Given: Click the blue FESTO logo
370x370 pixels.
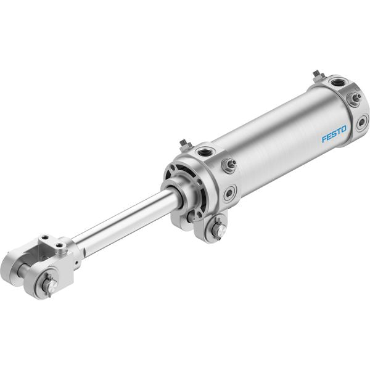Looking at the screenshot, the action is click(334, 134).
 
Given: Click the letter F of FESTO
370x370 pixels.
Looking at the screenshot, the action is click(324, 139).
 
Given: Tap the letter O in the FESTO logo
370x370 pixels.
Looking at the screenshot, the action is click(343, 129).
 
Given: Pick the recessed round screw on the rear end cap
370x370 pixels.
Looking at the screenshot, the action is click(361, 122).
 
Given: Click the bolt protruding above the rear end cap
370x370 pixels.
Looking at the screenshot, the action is click(318, 76).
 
